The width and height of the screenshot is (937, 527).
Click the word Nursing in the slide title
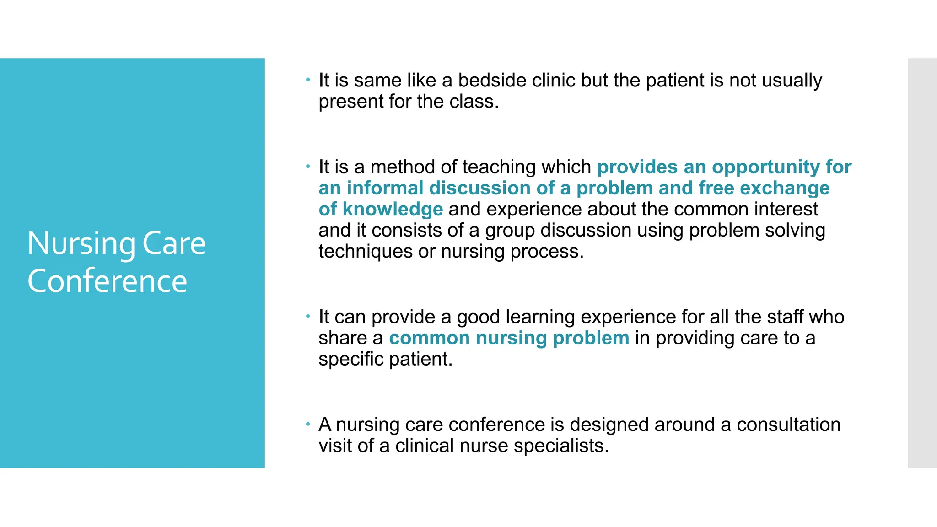[x=81, y=244]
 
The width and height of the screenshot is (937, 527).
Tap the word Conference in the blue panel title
[x=107, y=281]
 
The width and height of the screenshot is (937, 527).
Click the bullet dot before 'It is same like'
[x=308, y=80]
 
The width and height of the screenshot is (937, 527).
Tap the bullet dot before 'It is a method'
[x=308, y=166]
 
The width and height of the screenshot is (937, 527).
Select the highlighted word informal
[x=385, y=188]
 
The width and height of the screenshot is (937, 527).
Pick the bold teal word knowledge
[x=393, y=209]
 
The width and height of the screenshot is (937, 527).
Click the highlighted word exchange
[x=784, y=188]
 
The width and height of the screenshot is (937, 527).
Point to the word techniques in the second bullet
[x=365, y=252]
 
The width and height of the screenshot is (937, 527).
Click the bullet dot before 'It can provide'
[x=308, y=316]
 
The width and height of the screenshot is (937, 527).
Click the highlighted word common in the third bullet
[x=429, y=338]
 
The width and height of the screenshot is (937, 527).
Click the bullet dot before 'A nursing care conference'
[x=308, y=424]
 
